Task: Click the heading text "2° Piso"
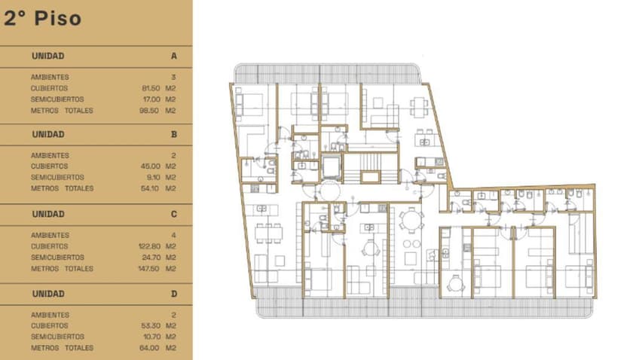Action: point(42,19)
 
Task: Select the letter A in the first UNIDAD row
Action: point(174,56)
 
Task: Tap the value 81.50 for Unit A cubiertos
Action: point(151,88)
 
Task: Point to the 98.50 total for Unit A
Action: point(151,111)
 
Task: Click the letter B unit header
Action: point(174,135)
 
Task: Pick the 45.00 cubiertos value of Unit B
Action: point(151,166)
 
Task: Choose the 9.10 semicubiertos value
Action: point(153,177)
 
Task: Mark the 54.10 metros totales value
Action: point(151,188)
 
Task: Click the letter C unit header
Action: point(174,215)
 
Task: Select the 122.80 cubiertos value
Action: point(149,246)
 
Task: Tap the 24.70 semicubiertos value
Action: point(151,258)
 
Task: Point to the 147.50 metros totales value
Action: point(149,269)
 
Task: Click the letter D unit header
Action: point(174,294)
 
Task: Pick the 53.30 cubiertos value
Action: point(151,325)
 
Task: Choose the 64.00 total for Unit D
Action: point(151,348)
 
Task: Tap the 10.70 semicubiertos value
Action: point(151,337)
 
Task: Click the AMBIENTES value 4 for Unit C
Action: point(174,235)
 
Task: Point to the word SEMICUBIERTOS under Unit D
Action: point(57,337)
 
